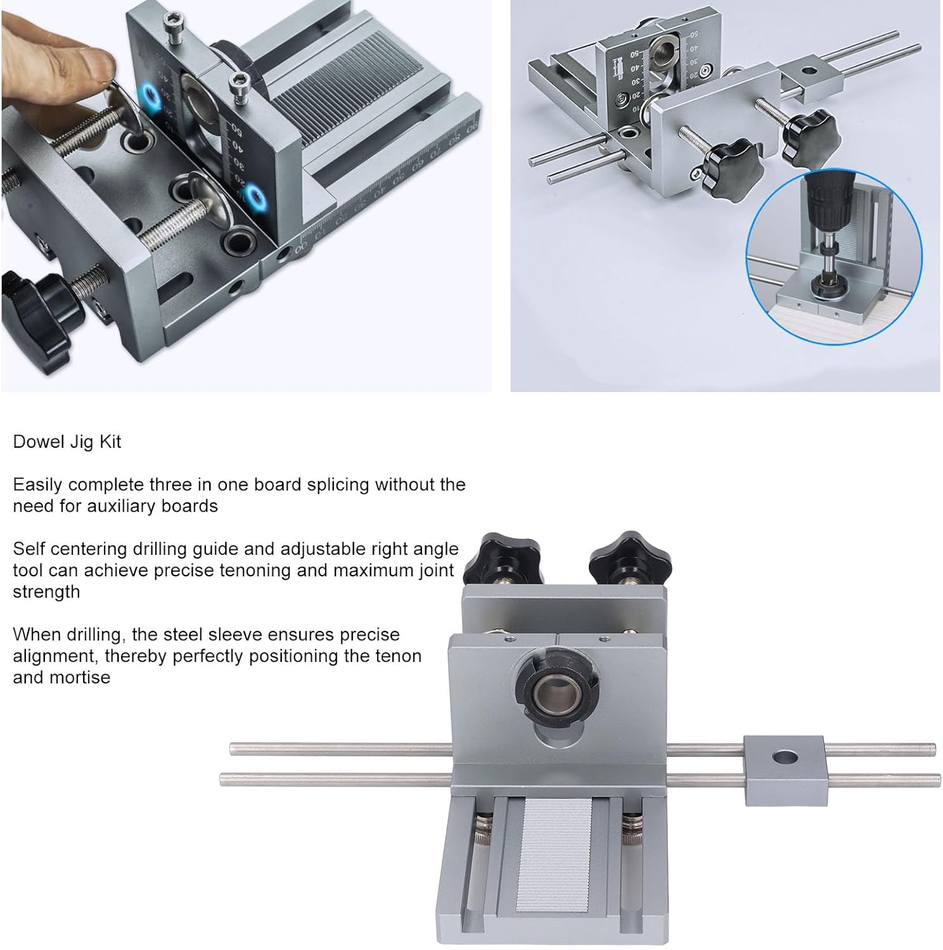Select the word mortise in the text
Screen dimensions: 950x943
pos(75,677)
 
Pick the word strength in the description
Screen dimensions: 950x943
pos(46,592)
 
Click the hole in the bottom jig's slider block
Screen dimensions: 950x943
pos(786,757)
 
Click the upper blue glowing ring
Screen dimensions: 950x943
pos(150,96)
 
